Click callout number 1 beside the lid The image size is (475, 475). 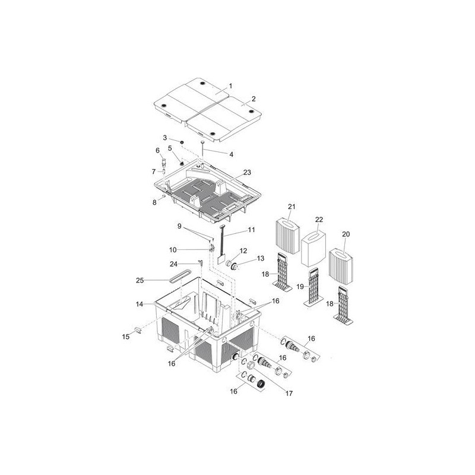(x=230, y=86)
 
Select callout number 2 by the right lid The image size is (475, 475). (x=254, y=99)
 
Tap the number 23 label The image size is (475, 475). (x=247, y=172)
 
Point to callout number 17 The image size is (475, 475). (x=289, y=393)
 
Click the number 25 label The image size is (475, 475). (x=140, y=280)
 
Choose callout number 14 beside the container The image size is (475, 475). (x=140, y=304)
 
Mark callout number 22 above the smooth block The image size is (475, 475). (x=319, y=220)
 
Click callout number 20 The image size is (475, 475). (x=346, y=234)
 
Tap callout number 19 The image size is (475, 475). (x=300, y=287)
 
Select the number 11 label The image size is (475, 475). (x=251, y=230)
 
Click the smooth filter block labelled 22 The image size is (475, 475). (x=313, y=248)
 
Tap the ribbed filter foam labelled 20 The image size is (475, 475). (x=341, y=267)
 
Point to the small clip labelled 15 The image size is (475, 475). (x=137, y=330)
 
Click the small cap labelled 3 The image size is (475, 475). (x=182, y=142)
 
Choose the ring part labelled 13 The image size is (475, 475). (x=234, y=267)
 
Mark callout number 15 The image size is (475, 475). (x=126, y=337)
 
